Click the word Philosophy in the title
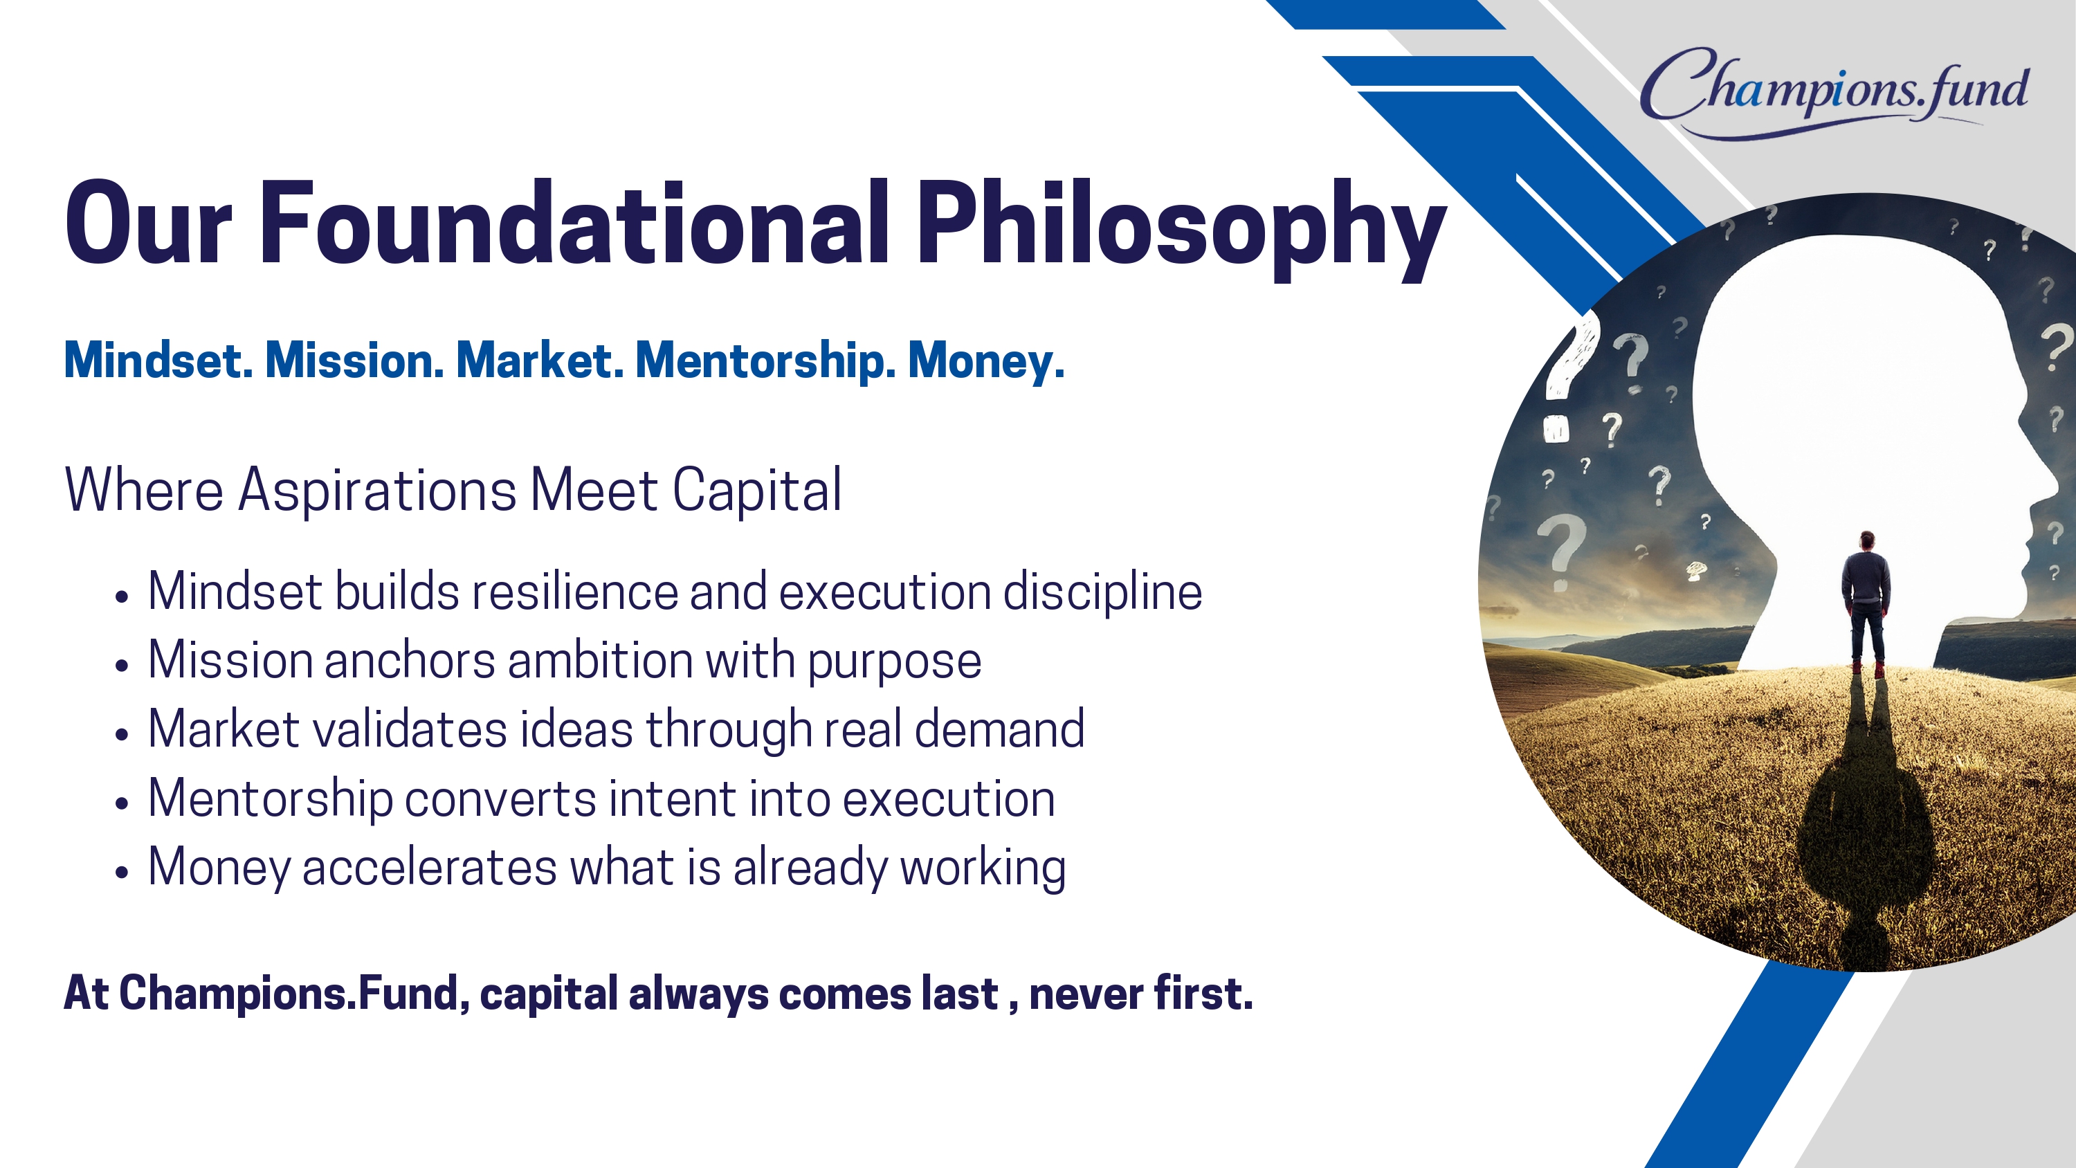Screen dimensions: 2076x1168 tap(1181, 229)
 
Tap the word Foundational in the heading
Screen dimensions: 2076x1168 tap(574, 221)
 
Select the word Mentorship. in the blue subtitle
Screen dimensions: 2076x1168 tap(765, 361)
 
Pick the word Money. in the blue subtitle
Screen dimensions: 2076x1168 tap(986, 362)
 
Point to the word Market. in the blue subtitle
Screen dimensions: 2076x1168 tap(540, 361)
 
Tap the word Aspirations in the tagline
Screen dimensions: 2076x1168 tap(378, 491)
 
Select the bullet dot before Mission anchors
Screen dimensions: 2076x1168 tap(122, 666)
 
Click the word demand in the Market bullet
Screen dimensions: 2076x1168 tap(999, 729)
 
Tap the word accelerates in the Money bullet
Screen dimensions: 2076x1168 tap(430, 868)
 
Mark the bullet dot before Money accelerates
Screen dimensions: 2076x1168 tap(122, 872)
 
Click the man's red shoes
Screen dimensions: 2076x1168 tap(1867, 669)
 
